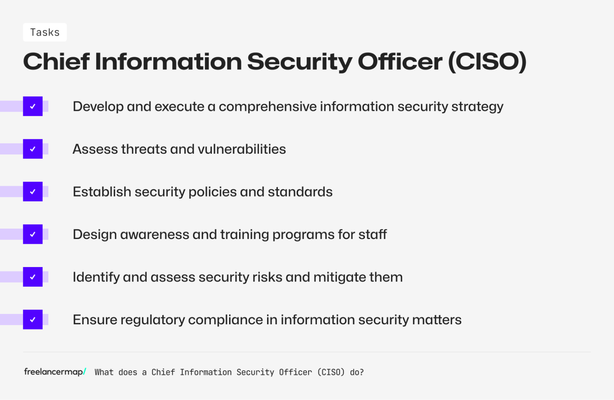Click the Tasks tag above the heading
click(45, 32)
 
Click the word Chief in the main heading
click(56, 62)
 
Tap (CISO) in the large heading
click(487, 62)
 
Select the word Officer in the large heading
click(400, 62)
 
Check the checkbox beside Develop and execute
click(33, 107)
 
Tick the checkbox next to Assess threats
click(33, 149)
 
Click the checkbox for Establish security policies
click(33, 192)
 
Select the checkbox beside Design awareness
click(33, 234)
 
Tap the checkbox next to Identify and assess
click(33, 277)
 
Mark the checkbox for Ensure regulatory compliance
click(33, 320)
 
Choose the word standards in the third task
click(300, 192)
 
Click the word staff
click(372, 235)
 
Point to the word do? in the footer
click(357, 372)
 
